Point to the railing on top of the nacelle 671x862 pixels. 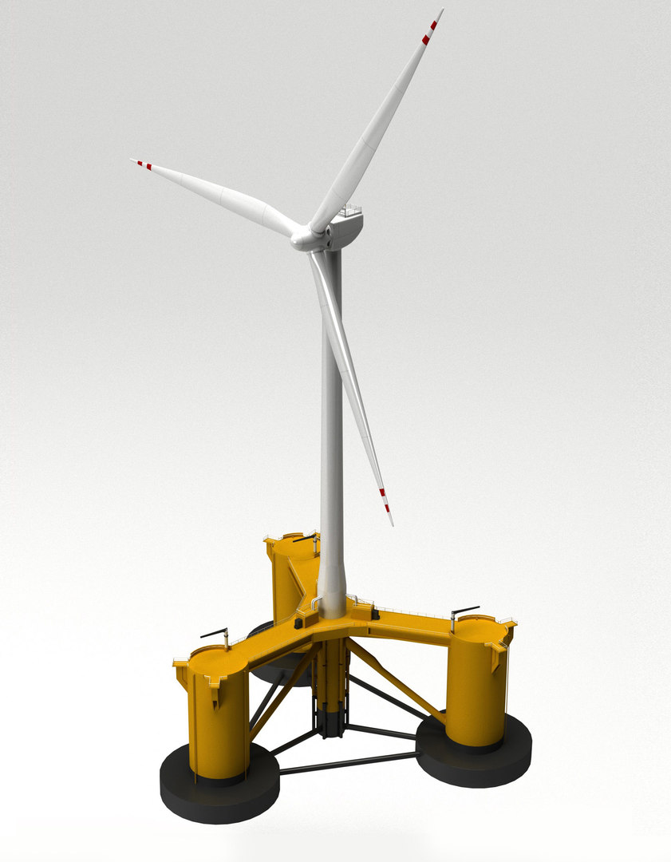point(348,212)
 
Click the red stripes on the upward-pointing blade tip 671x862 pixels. point(430,30)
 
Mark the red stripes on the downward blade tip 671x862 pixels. point(385,500)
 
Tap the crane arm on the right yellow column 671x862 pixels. point(464,611)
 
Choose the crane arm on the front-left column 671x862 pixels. point(214,634)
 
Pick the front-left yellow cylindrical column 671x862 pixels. point(218,714)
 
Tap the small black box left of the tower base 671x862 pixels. point(299,621)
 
